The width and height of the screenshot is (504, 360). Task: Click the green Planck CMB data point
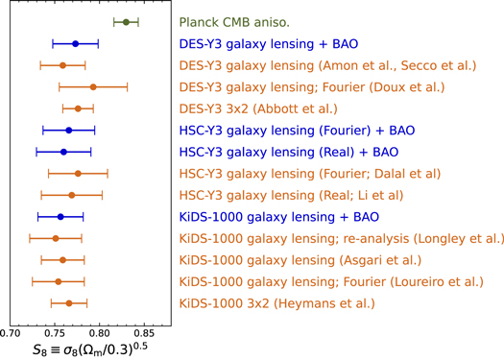pos(126,21)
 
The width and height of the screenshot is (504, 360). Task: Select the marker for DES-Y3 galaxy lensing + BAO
pos(75,43)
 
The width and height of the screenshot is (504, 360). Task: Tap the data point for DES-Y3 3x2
pos(78,108)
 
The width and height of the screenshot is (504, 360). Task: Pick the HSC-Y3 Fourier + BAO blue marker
pos(68,130)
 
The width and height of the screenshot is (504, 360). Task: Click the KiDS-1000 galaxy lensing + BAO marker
pos(60,217)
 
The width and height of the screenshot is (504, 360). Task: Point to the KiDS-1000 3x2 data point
pos(69,303)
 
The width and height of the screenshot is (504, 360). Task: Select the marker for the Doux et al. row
pos(92,86)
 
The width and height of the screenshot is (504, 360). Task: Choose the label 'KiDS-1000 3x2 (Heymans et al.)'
pos(276,303)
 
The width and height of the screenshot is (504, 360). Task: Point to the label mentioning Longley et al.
pos(341,238)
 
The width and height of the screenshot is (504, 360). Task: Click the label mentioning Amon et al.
pos(326,65)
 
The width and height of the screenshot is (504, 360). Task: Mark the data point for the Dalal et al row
pos(78,174)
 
